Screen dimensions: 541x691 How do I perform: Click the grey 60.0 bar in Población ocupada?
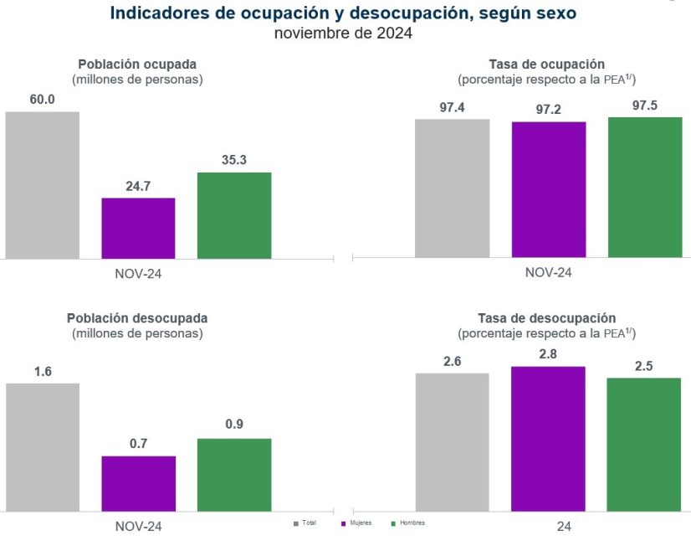pos(42,185)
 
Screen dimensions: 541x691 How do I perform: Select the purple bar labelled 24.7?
pos(138,228)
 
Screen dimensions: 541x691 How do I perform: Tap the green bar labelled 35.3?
pos(234,215)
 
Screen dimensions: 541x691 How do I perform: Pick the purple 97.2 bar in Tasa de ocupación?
pos(549,189)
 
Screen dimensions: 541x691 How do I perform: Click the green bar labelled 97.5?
pos(645,187)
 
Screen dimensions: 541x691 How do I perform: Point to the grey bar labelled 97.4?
pos(453,188)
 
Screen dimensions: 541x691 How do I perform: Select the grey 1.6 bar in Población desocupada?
pos(42,447)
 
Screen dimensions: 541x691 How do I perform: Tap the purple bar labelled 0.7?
pos(138,483)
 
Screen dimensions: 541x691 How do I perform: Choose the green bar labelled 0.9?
pos(234,475)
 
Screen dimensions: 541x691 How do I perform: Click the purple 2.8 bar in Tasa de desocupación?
pos(548,439)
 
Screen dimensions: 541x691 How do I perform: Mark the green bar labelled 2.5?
pos(643,444)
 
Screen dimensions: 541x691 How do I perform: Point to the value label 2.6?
pos(453,361)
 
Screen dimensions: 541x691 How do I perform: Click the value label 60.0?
pos(42,100)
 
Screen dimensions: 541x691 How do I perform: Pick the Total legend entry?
pos(305,523)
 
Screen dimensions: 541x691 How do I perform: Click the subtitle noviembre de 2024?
pos(343,34)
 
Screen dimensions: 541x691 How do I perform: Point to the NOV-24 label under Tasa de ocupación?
pos(549,272)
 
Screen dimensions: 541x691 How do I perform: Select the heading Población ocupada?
pos(137,64)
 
